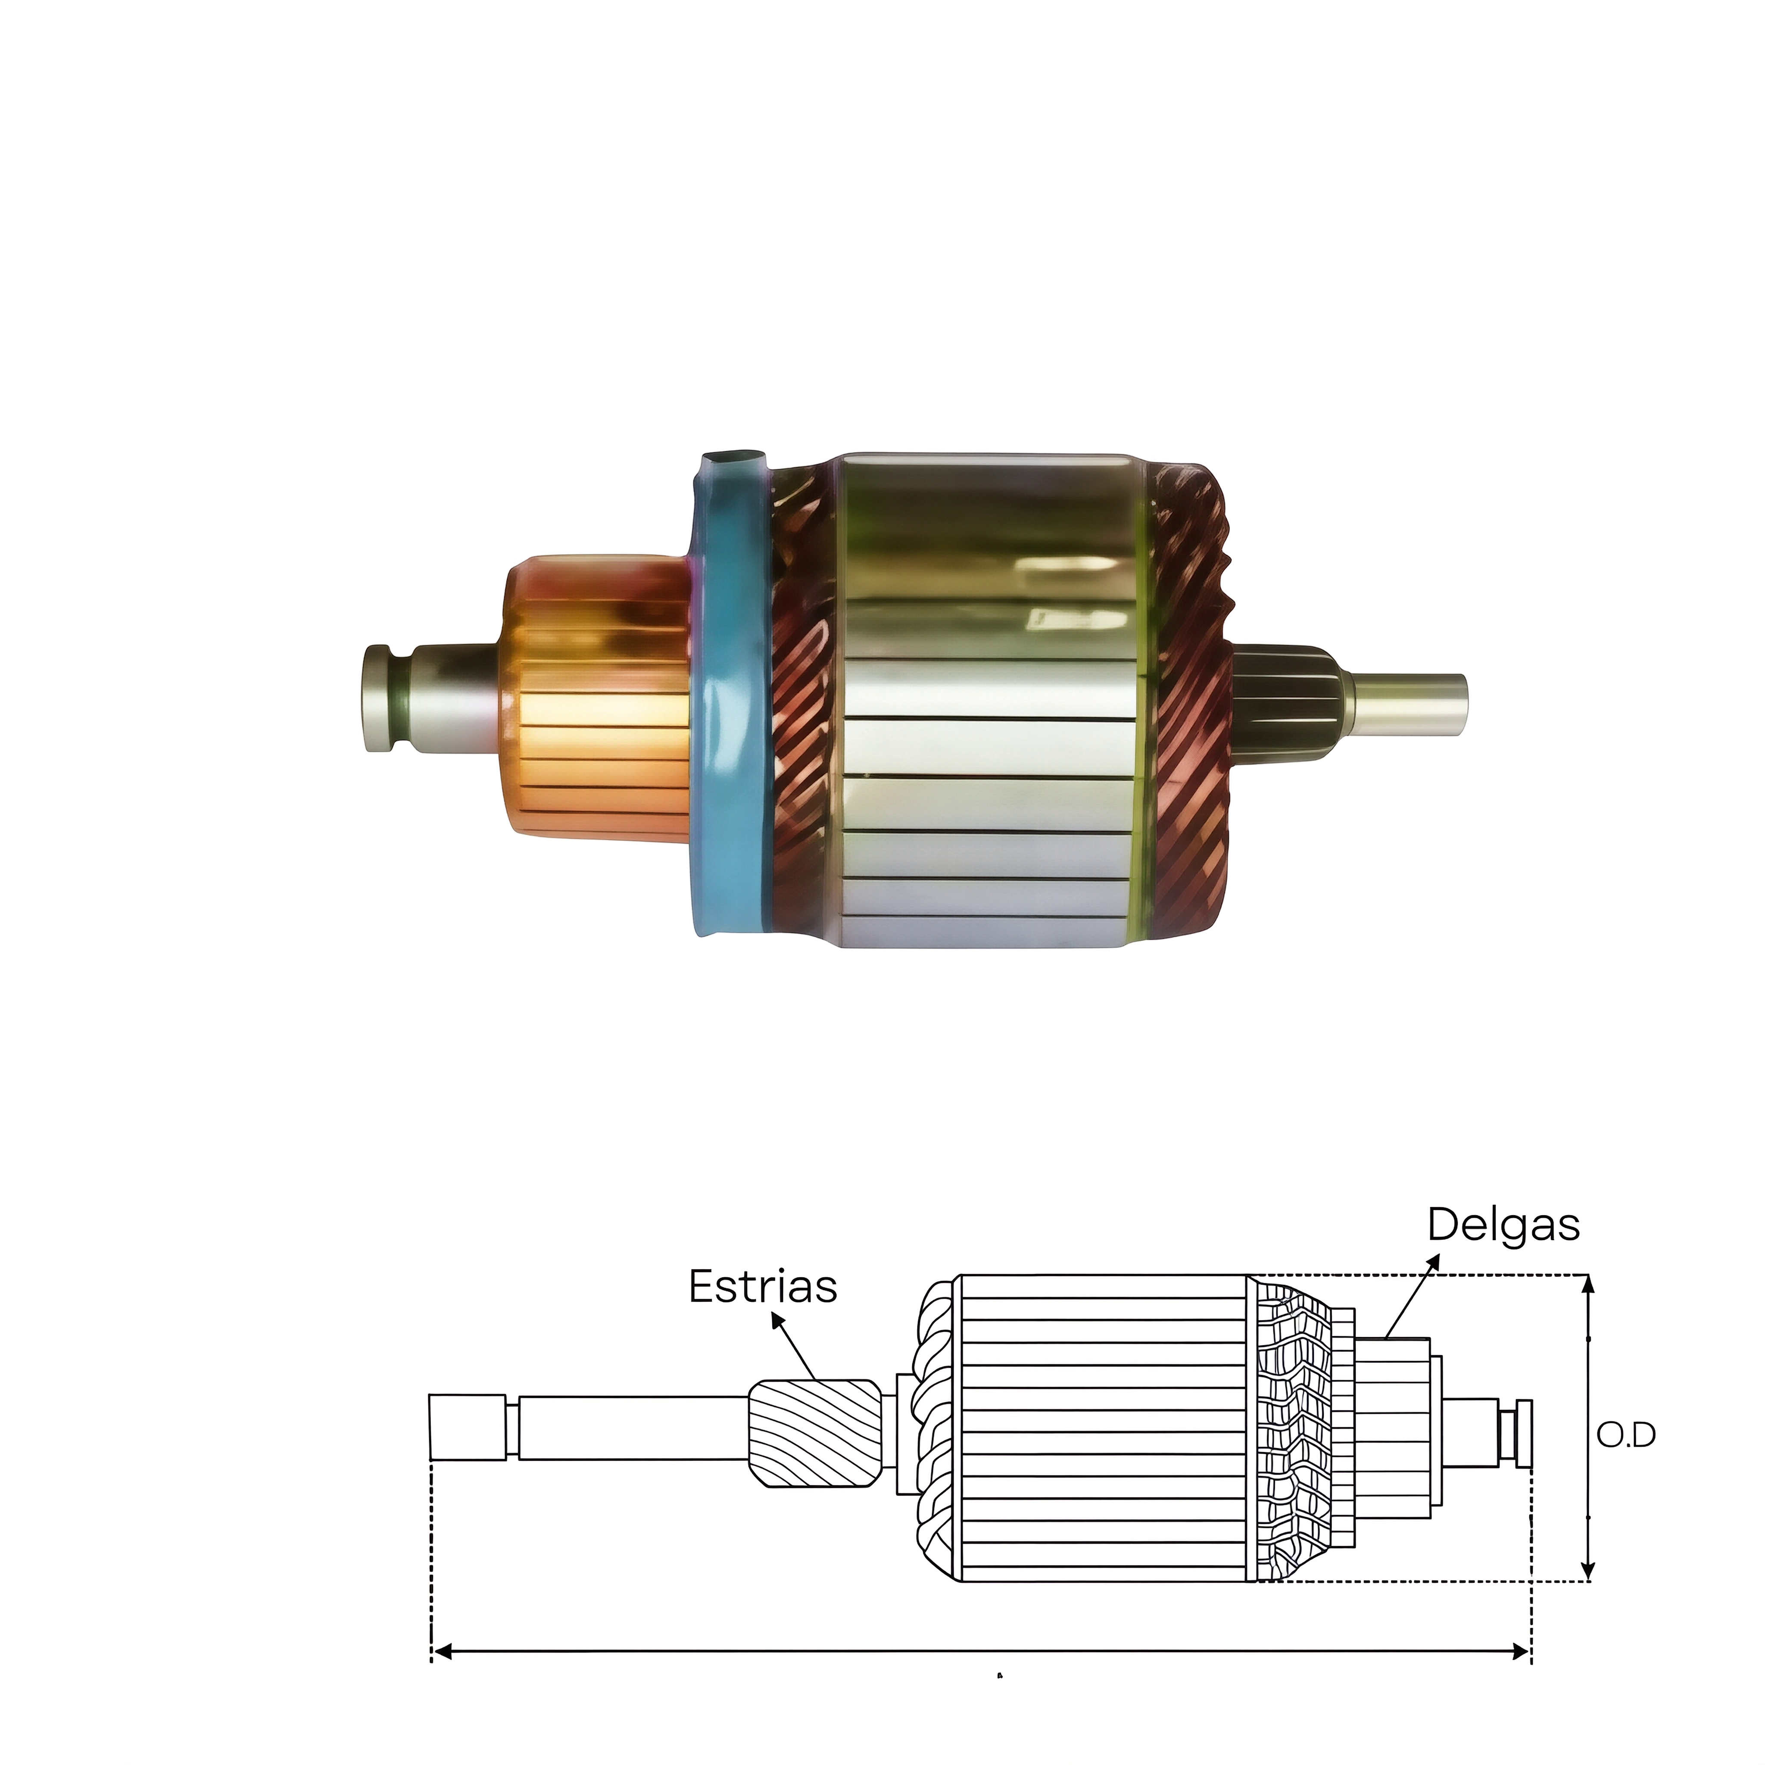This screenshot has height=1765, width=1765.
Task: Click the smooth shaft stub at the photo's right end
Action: pos(1407,699)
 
